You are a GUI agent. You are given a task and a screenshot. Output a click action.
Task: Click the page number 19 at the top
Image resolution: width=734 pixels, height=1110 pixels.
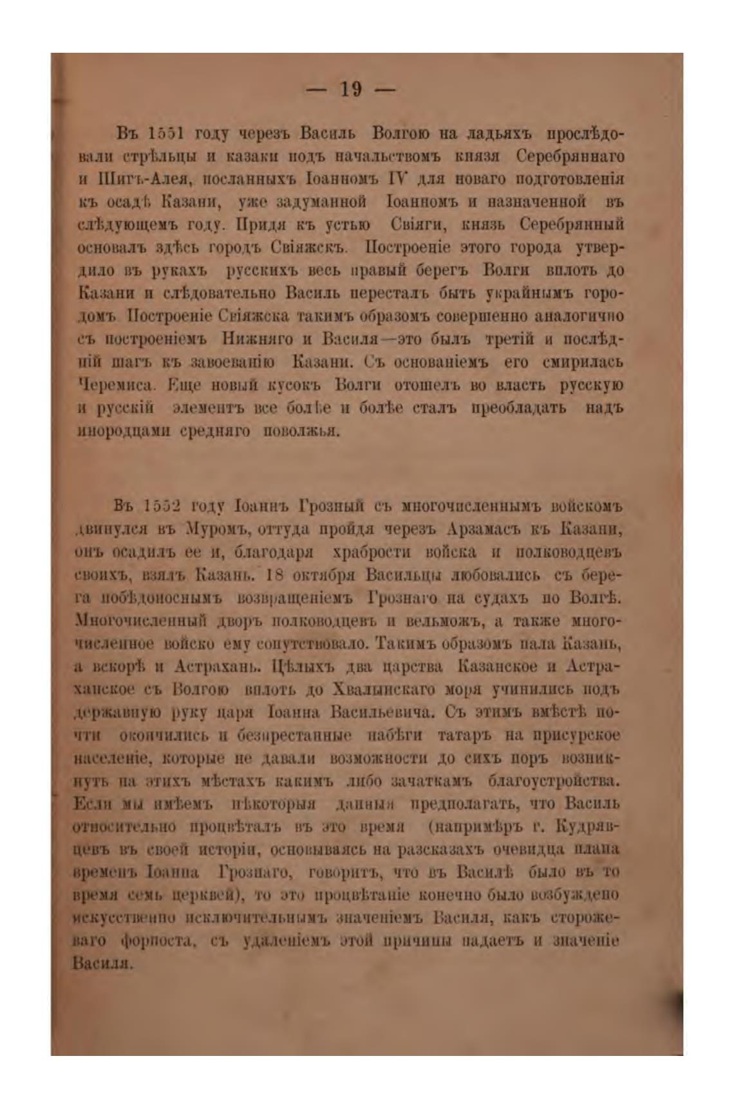(x=350, y=89)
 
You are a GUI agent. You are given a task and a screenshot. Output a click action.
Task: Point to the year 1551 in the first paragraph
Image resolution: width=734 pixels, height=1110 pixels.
(x=167, y=133)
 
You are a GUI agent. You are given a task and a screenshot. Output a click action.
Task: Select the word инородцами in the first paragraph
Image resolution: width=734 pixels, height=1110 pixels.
(x=115, y=431)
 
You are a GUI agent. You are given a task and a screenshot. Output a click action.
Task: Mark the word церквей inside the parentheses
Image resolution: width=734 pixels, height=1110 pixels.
(x=203, y=894)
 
